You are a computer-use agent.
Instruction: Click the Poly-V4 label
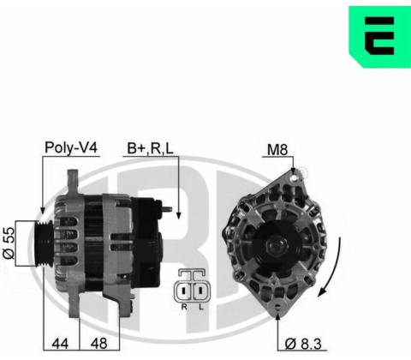click(71, 147)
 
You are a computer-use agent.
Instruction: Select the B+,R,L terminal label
click(150, 148)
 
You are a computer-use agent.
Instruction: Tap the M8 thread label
click(277, 149)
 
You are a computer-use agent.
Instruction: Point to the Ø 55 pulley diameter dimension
click(9, 243)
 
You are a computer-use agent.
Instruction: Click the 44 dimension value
click(60, 343)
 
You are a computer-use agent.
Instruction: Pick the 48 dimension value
click(98, 343)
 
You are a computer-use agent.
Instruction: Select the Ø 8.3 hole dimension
click(303, 344)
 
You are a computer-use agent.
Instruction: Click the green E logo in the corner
click(380, 37)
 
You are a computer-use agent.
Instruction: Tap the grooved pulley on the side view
click(44, 243)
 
